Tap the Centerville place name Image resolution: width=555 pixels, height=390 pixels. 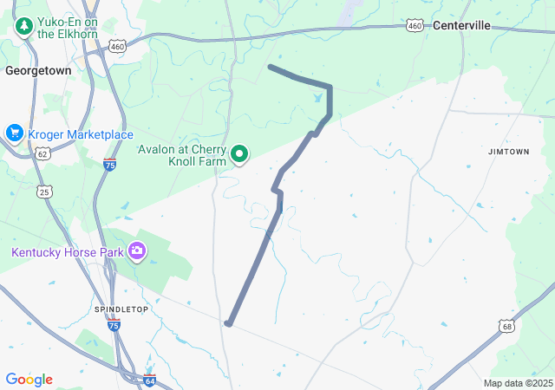[x=460, y=26]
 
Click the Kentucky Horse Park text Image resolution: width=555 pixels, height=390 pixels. [x=66, y=252]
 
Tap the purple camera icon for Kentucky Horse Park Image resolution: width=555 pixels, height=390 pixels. [x=136, y=252]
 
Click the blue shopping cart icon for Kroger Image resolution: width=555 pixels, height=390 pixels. [x=14, y=133]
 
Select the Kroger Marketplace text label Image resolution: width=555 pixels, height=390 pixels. [x=81, y=134]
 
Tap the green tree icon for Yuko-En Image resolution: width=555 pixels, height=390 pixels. [x=23, y=27]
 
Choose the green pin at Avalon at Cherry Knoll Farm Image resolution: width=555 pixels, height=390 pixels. [x=239, y=156]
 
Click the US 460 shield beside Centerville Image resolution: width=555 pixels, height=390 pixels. [x=415, y=27]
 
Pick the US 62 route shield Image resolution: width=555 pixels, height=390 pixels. [x=42, y=153]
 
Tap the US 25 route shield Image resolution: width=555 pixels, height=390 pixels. [x=44, y=191]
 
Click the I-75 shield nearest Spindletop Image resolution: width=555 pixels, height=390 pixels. [x=114, y=325]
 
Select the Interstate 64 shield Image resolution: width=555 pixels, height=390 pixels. [x=149, y=380]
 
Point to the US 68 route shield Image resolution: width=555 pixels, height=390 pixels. [x=507, y=325]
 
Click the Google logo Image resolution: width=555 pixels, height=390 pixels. [x=29, y=380]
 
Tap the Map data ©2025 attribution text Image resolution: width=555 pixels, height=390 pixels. [x=518, y=383]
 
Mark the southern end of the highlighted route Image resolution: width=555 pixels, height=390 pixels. [x=228, y=323]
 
